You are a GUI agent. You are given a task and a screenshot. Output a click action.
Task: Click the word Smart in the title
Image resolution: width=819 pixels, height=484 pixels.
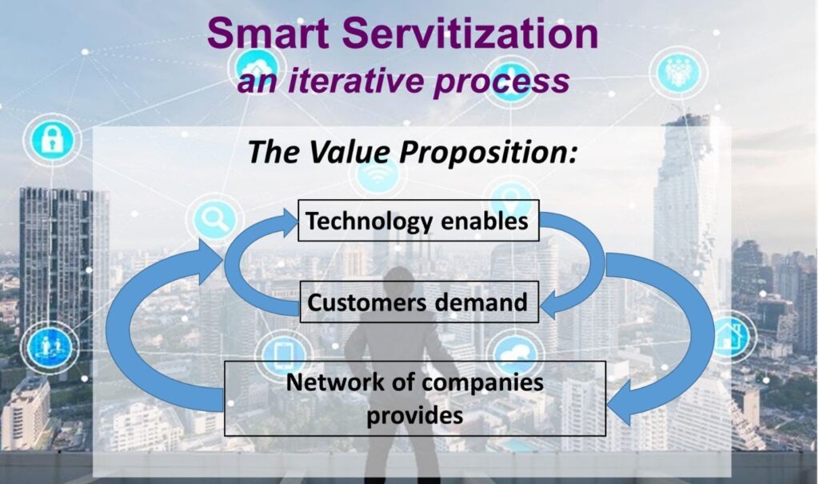pyautogui.click(x=268, y=33)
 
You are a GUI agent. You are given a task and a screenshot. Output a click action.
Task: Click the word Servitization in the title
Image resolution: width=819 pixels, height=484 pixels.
pyautogui.click(x=470, y=33)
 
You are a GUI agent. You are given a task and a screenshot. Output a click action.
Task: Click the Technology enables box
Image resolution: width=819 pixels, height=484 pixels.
pyautogui.click(x=418, y=220)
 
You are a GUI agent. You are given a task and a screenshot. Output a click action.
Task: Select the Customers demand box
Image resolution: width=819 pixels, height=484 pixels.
pyautogui.click(x=419, y=302)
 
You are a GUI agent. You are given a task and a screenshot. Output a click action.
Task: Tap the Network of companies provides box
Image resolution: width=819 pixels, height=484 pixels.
pyautogui.click(x=415, y=398)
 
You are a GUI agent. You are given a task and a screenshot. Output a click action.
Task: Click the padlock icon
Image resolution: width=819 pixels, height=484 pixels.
pyautogui.click(x=52, y=139)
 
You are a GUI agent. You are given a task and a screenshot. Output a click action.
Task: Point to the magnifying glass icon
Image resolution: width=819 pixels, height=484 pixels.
pyautogui.click(x=214, y=219)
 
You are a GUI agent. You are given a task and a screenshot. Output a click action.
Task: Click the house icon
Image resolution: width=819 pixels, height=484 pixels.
pyautogui.click(x=729, y=335)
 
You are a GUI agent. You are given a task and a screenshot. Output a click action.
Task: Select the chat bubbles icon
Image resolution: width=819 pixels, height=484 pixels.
pyautogui.click(x=515, y=352)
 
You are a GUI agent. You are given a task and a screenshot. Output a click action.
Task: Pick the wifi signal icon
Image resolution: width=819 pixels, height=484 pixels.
pyautogui.click(x=378, y=176)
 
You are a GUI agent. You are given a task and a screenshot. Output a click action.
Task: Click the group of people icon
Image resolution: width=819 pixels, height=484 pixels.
pyautogui.click(x=678, y=72)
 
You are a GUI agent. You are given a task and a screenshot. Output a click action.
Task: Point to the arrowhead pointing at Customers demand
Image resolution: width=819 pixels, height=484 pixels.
pyautogui.click(x=549, y=305)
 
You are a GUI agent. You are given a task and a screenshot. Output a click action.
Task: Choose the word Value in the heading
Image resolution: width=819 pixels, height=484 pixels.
pyautogui.click(x=352, y=152)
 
